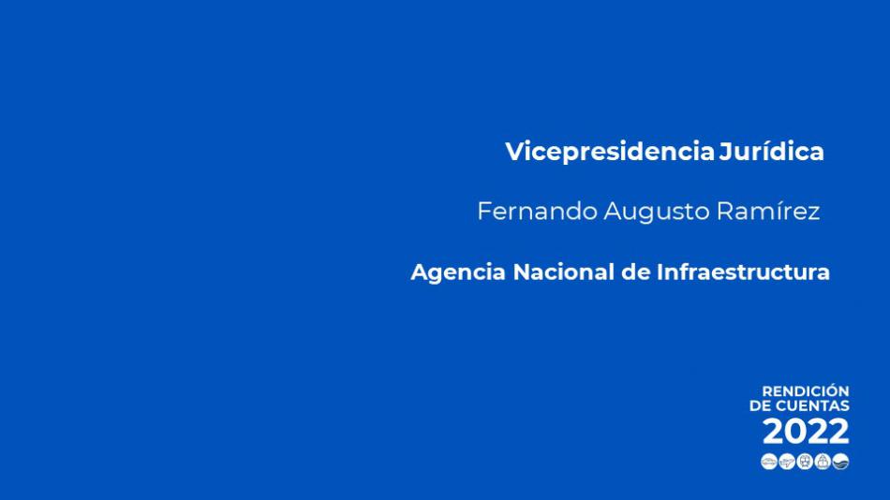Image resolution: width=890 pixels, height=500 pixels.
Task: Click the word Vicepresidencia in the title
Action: point(610,152)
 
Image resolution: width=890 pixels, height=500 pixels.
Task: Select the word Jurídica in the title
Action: point(771,151)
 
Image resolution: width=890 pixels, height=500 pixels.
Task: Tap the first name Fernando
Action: point(538,211)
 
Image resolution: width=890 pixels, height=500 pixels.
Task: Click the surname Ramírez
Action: point(768,211)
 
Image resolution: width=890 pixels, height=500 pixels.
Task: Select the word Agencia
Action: point(458,272)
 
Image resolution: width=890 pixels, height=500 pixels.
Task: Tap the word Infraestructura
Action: point(743,272)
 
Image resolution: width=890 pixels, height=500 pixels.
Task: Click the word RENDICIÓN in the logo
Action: point(806,391)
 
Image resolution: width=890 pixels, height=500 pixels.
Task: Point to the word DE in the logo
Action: point(761,405)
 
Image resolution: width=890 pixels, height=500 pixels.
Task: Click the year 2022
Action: point(806,432)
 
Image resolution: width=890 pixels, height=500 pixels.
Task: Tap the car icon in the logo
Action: point(769,462)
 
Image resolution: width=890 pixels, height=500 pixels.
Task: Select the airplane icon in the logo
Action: point(787,462)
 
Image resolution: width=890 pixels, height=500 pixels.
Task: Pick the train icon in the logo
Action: point(805,462)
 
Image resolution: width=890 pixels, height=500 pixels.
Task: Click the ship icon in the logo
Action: point(823,462)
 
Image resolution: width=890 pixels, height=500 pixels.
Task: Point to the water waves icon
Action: point(840,462)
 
